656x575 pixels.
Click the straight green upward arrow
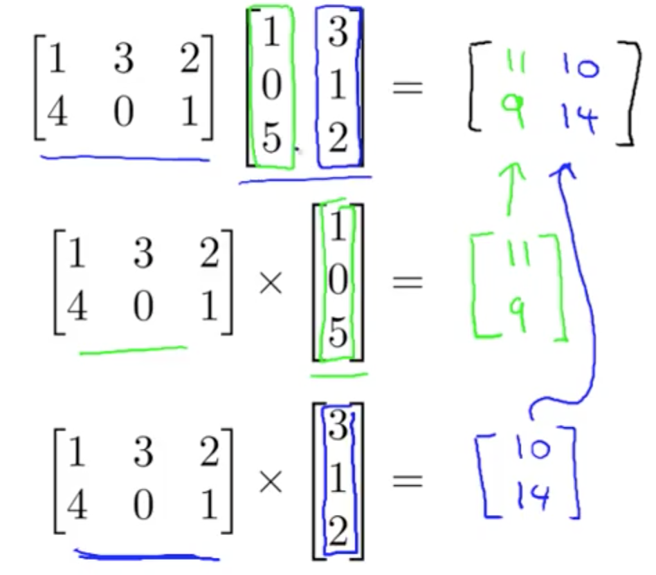point(511,187)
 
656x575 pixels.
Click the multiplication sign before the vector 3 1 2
point(271,482)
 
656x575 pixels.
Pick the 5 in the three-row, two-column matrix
point(272,140)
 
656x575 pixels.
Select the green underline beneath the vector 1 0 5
point(339,377)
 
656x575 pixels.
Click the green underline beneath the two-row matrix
point(133,350)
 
